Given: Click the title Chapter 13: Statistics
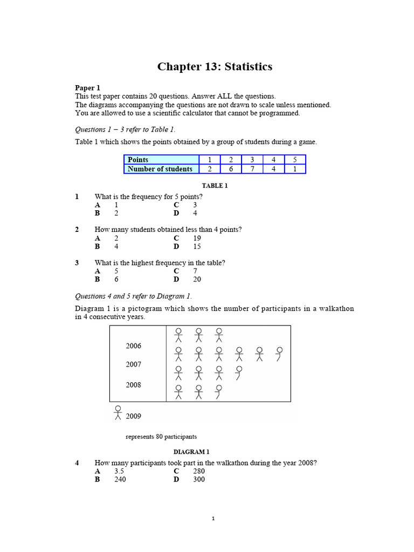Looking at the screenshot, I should (215, 67).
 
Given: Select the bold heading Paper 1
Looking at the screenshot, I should (87, 88).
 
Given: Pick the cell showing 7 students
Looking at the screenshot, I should (252, 169).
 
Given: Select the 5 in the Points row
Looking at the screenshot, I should (294, 160).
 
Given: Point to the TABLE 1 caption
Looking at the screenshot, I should (215, 185).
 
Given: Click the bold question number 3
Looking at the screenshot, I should (77, 263).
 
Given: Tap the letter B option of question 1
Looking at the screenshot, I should (98, 213).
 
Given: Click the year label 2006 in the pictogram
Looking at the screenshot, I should (134, 346).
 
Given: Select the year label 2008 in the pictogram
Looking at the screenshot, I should (134, 385).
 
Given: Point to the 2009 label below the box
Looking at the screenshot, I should (134, 416).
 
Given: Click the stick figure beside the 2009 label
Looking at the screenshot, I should (118, 412).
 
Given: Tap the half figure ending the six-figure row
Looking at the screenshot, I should (279, 354).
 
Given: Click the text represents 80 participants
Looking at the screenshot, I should (161, 436).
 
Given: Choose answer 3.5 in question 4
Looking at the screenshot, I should (119, 471).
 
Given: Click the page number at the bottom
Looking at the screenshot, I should (213, 519).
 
